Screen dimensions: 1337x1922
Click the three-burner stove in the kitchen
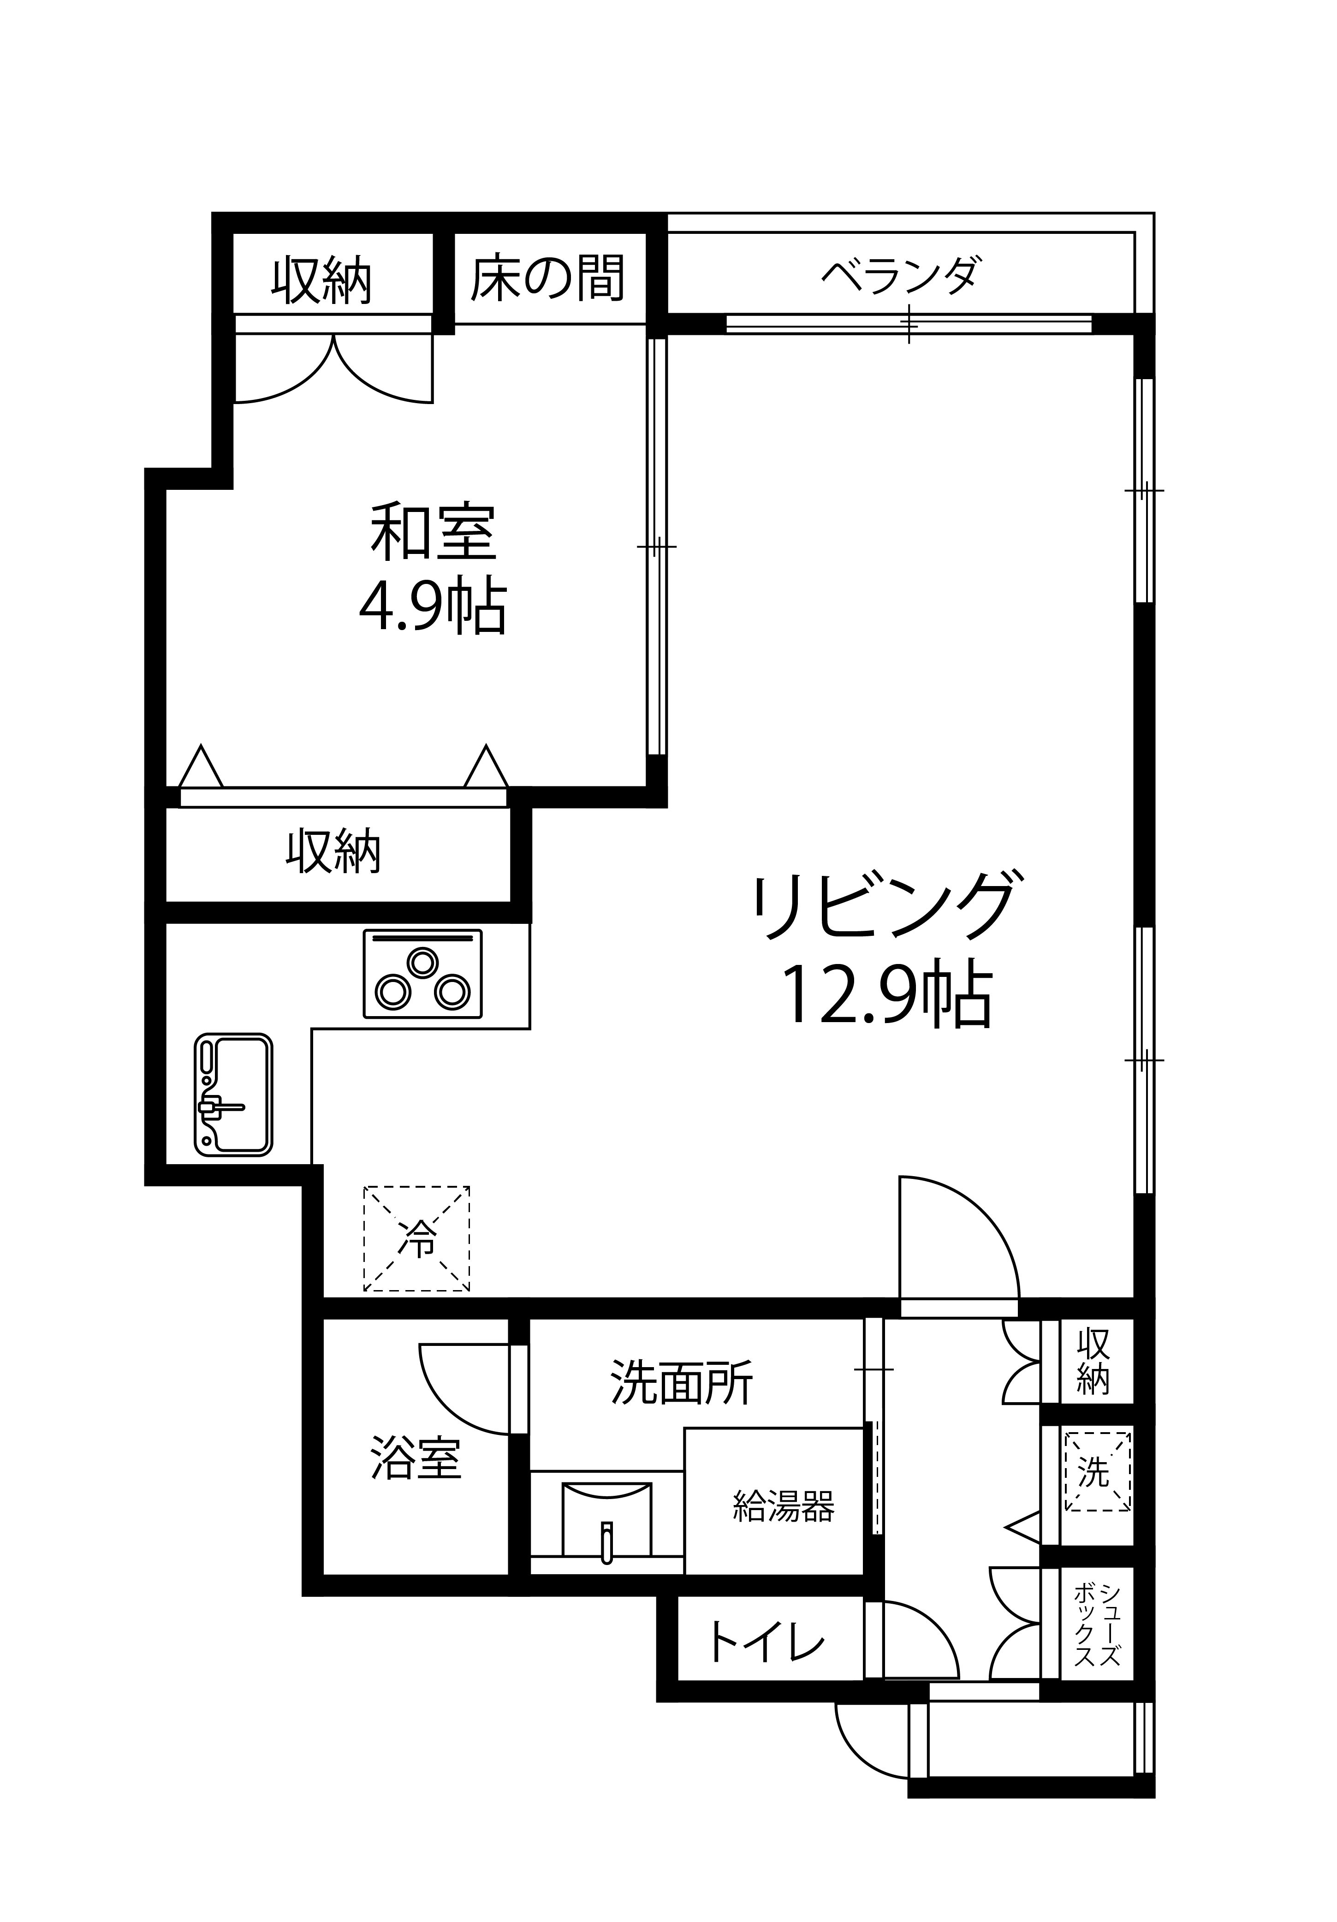click(x=423, y=974)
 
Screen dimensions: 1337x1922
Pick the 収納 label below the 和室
click(x=333, y=853)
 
